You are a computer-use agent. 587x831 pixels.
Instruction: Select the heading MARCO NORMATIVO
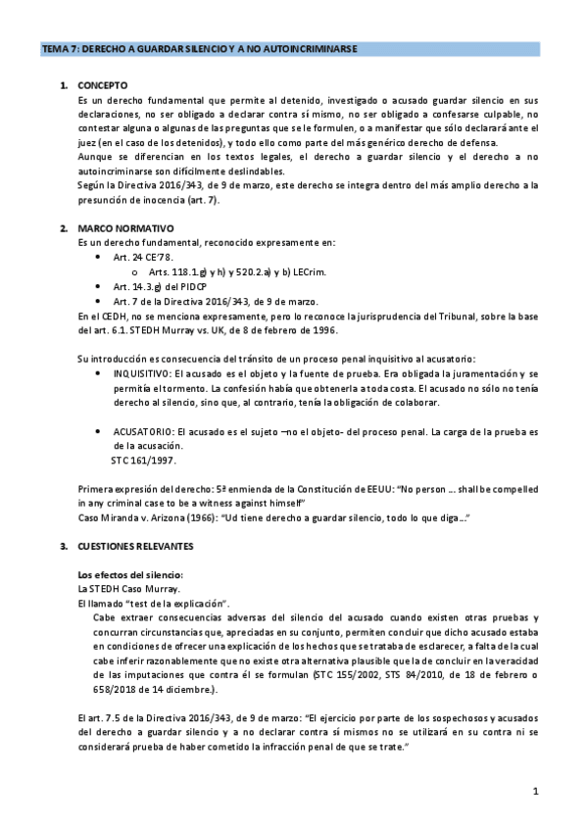(120, 227)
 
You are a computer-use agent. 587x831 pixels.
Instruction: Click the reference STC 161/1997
(142, 460)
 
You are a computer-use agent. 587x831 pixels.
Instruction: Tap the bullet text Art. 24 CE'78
(144, 255)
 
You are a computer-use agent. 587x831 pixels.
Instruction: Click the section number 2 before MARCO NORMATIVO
(62, 227)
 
